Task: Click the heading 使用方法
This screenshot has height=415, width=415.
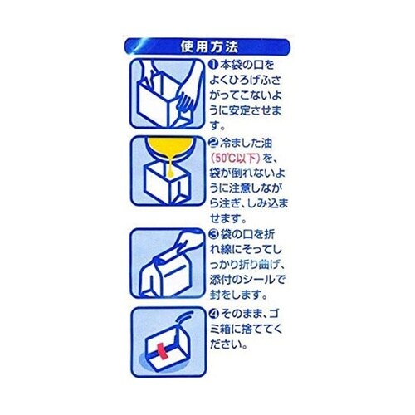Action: [x=208, y=44]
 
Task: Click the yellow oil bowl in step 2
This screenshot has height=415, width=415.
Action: [x=168, y=149]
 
